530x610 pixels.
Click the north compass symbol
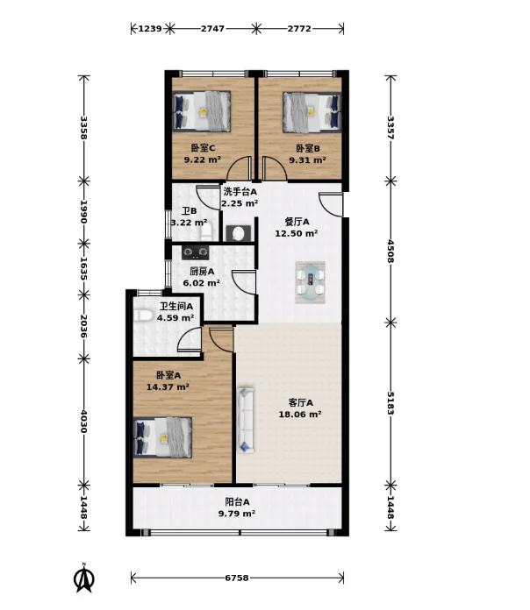pyautogui.click(x=83, y=578)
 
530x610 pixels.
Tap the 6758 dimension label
pyautogui.click(x=237, y=578)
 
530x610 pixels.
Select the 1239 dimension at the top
pyautogui.click(x=150, y=28)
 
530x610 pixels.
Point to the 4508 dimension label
pyautogui.click(x=390, y=252)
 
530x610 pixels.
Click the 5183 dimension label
pyautogui.click(x=390, y=403)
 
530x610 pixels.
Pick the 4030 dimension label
pyautogui.click(x=83, y=422)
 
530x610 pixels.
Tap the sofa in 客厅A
pyautogui.click(x=246, y=420)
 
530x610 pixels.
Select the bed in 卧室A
pyautogui.click(x=163, y=436)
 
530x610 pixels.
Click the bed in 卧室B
pyautogui.click(x=312, y=112)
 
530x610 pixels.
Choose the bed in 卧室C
pyautogui.click(x=202, y=111)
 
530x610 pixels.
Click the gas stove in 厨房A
pyautogui.click(x=195, y=252)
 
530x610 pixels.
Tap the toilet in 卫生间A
pyautogui.click(x=142, y=316)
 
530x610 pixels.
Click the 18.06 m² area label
pyautogui.click(x=300, y=415)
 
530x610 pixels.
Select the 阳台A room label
pyautogui.click(x=237, y=502)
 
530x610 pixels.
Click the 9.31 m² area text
pyautogui.click(x=307, y=160)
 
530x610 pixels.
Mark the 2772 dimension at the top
pyautogui.click(x=299, y=28)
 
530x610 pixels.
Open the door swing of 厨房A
pyautogui.click(x=244, y=282)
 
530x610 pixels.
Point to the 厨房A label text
pyautogui.click(x=202, y=271)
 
